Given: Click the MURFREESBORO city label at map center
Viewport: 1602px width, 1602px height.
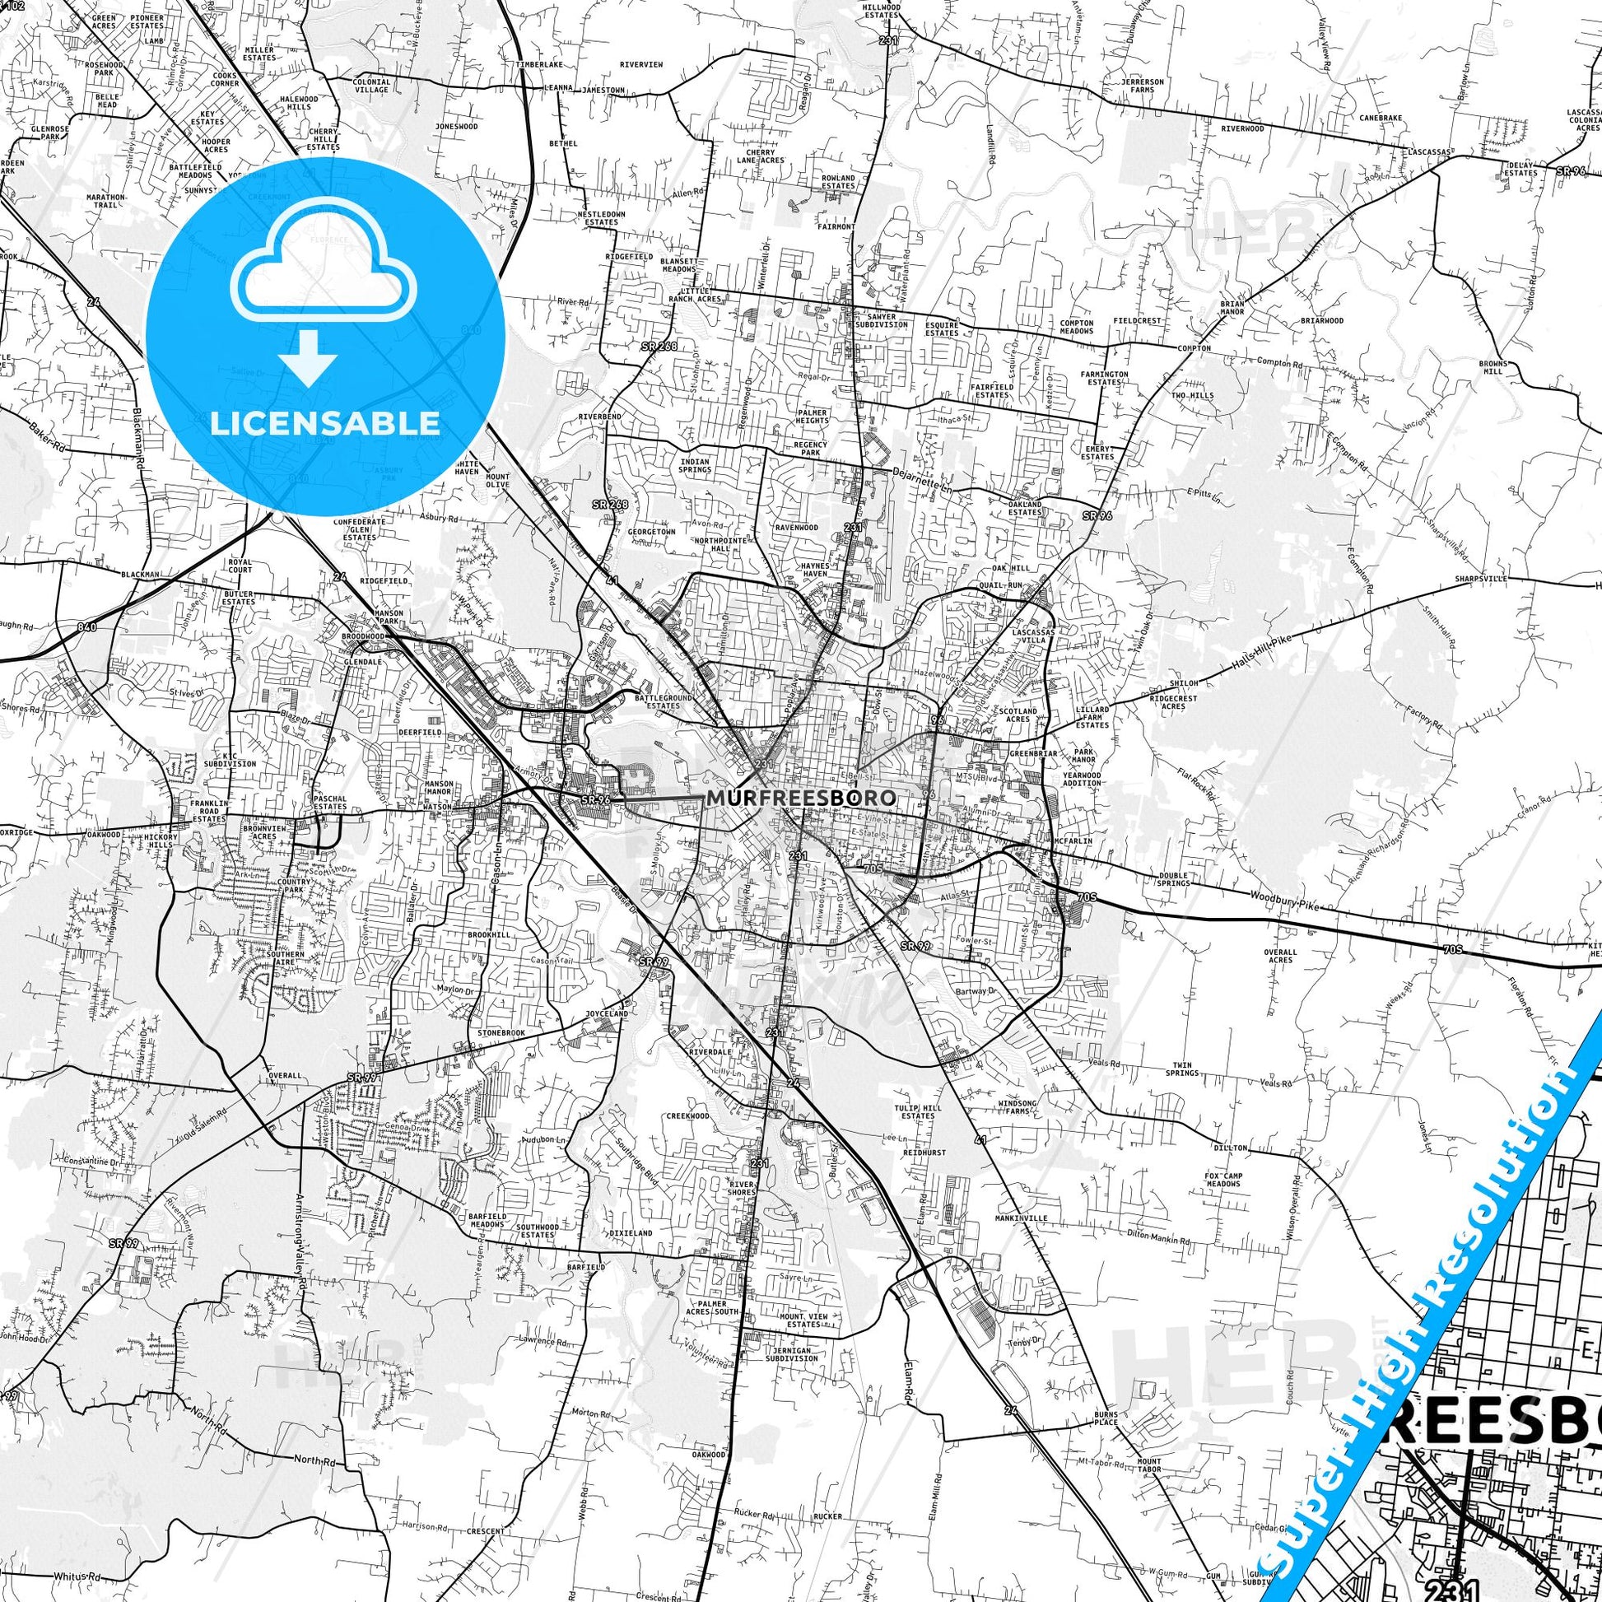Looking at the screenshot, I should [x=801, y=798].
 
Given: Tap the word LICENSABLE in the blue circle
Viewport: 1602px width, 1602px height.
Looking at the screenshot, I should [x=325, y=423].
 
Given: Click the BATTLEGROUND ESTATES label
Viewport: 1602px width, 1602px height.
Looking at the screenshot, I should [x=663, y=702].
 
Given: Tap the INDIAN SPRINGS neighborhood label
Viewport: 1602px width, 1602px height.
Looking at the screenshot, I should [x=695, y=465].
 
